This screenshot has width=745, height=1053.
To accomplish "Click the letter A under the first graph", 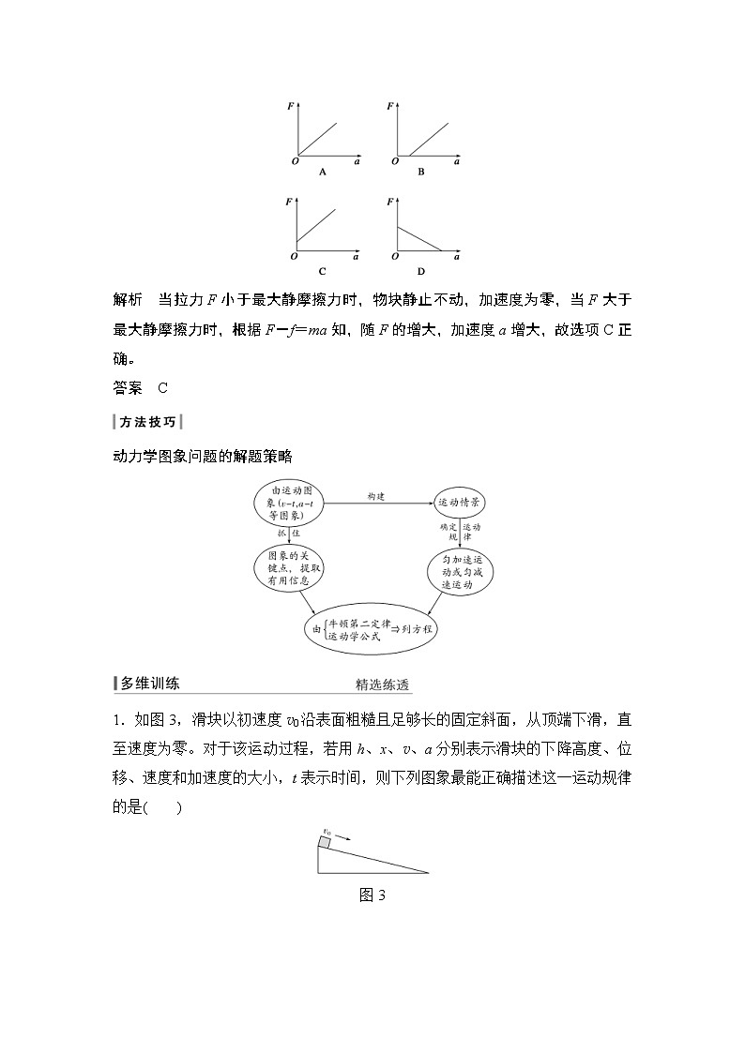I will (323, 173).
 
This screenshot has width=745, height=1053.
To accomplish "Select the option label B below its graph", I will (421, 173).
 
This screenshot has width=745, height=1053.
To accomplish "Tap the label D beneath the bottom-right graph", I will (421, 272).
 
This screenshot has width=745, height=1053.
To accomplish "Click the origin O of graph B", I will (390, 162).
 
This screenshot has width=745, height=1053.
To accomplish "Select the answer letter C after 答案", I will (162, 386).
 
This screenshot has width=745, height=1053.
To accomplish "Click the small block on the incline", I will (325, 843).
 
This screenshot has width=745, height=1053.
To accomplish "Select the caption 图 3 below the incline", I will (372, 895).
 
